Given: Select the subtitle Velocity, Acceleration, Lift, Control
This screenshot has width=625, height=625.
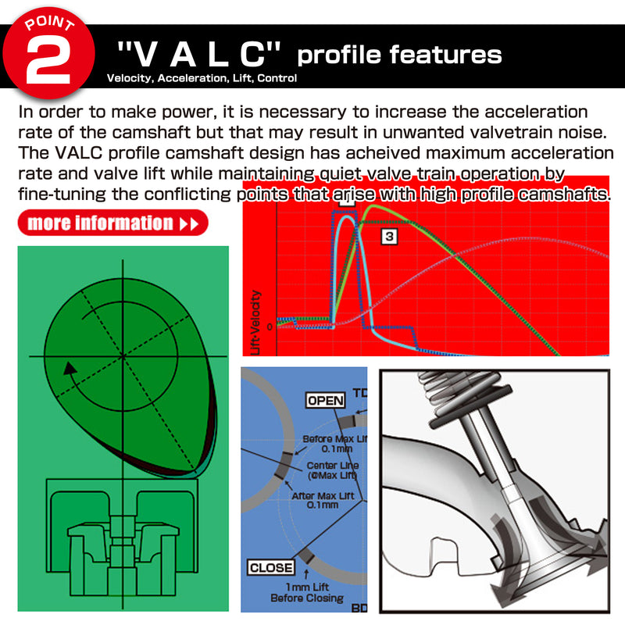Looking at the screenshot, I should [202, 78].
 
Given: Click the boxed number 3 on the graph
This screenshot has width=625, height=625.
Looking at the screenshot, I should [389, 234].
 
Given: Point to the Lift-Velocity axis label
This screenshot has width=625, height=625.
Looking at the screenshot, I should [257, 322].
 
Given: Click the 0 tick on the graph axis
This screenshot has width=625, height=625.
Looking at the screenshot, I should [270, 327].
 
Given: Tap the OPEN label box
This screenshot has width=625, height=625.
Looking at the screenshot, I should [325, 400].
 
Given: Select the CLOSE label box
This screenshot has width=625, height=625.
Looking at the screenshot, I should [271, 568].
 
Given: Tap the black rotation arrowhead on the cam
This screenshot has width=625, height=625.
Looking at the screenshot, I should [71, 368].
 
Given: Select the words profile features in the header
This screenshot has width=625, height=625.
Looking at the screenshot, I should [399, 55].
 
